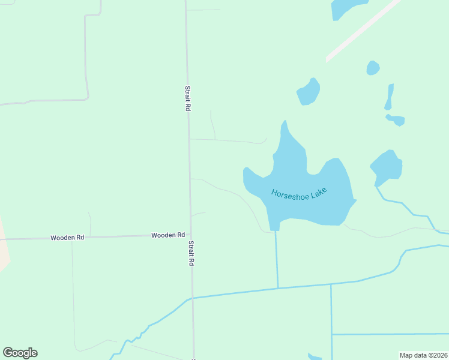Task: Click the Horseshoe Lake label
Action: coord(299,194)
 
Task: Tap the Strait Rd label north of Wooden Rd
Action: coord(187,97)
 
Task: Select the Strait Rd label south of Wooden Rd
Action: coord(191,253)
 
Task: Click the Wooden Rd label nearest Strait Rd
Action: coord(168,235)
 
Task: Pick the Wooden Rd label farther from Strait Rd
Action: coord(67,238)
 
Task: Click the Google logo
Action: coord(20,353)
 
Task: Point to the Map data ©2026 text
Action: coord(423,355)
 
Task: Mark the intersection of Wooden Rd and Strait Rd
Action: coord(190,235)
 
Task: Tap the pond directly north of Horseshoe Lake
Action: coord(309,92)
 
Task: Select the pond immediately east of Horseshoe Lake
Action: coord(387,165)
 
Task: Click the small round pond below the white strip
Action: coord(373,68)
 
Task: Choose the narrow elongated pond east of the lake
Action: coord(390,96)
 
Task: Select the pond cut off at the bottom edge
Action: coord(315,357)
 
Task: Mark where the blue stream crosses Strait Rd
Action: coord(192,298)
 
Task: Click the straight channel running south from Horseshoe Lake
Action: coord(277,258)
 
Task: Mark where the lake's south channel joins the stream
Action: coord(278,289)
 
